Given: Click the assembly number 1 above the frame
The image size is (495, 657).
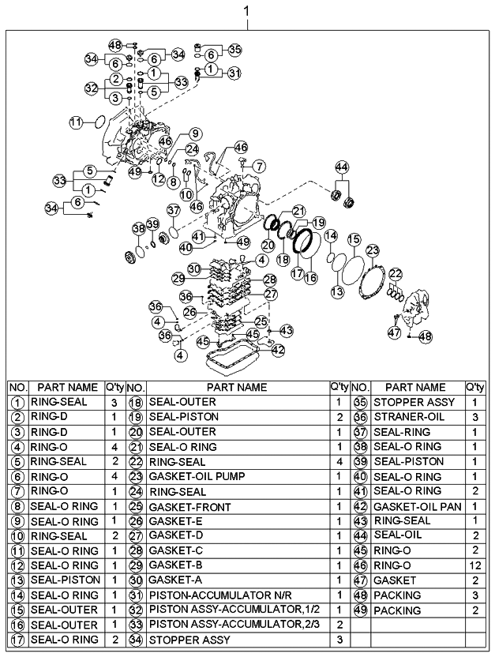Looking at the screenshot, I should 247,12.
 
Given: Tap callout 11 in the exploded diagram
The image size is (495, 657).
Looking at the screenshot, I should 76,122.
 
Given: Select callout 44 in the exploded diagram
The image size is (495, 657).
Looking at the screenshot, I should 342,167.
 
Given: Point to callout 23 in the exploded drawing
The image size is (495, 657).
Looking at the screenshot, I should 372,250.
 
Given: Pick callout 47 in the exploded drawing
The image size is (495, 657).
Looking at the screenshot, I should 394,333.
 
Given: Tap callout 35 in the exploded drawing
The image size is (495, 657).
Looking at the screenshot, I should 234,49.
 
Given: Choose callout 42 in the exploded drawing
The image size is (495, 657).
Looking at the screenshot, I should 278,348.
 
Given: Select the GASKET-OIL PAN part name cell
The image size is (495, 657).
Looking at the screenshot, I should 417,506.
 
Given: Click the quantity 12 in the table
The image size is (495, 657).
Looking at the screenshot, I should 474,565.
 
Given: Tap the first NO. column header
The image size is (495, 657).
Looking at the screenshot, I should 18,387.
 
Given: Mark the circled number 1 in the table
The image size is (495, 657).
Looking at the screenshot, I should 18,402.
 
